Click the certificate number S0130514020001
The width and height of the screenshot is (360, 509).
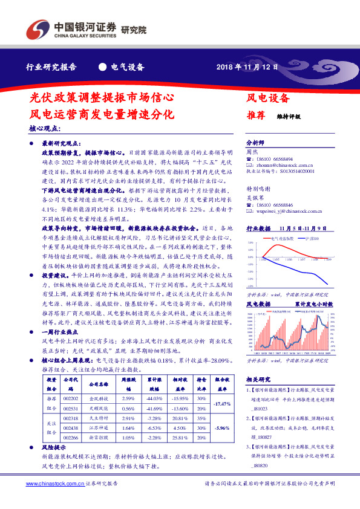point(293,171)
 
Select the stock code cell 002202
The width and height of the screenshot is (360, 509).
point(70,399)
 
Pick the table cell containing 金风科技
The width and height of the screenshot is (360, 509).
point(97,399)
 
